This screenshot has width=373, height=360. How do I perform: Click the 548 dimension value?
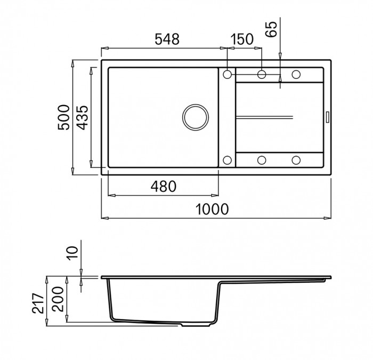click(165, 39)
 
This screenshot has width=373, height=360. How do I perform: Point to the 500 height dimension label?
click(63, 116)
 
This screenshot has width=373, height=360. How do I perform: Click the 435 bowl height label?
click(82, 116)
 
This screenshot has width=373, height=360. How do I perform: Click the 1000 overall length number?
click(214, 209)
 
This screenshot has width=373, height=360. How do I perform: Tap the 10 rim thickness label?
click(74, 252)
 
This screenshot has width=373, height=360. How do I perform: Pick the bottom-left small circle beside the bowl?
click(228, 159)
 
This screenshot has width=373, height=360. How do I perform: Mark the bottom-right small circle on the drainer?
click(296, 159)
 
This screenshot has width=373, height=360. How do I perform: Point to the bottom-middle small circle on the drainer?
click(262, 159)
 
